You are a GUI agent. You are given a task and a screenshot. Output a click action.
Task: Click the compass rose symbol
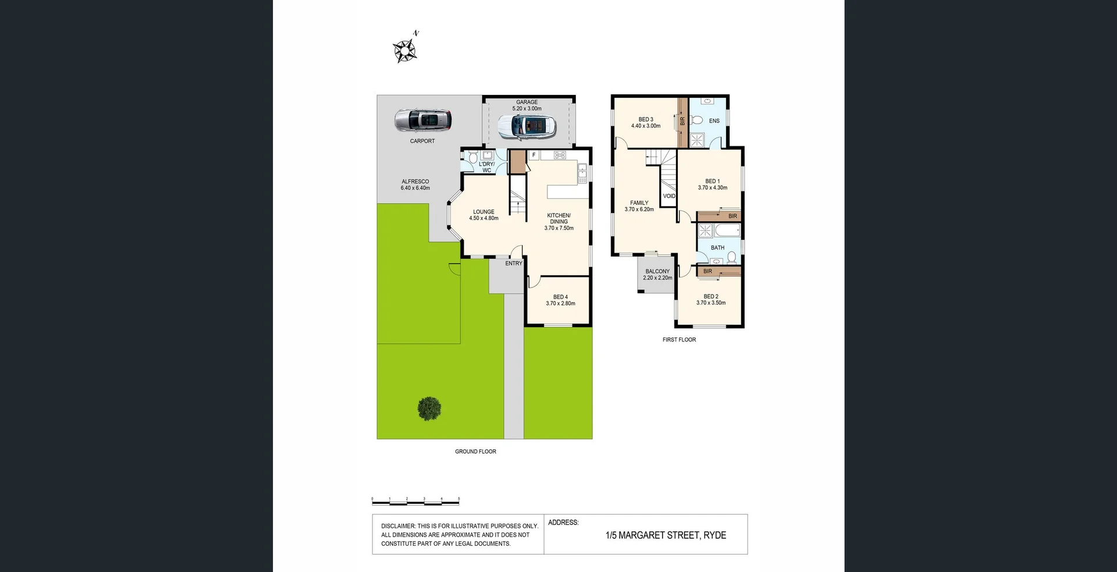(x=405, y=51)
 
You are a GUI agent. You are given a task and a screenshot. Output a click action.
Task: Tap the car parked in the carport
(x=423, y=120)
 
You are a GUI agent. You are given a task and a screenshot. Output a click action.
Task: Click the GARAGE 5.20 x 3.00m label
(x=527, y=105)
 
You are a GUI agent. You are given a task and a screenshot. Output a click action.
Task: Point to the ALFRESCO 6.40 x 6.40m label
(x=415, y=184)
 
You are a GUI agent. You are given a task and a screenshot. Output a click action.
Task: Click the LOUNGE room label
(x=483, y=215)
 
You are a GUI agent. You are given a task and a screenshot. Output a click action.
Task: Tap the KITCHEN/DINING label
(x=558, y=222)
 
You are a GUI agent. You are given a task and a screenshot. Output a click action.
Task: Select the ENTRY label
(x=513, y=264)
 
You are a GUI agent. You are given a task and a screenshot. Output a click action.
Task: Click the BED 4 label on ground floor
(x=560, y=300)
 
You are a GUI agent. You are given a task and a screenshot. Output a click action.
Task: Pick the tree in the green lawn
(x=429, y=408)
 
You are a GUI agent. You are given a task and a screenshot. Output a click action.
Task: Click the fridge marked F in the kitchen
(x=533, y=155)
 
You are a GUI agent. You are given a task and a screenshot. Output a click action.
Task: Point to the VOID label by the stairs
(x=669, y=196)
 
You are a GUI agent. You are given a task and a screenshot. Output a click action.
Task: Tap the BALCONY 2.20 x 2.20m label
(x=657, y=275)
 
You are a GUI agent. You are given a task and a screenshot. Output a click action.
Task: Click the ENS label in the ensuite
(x=714, y=121)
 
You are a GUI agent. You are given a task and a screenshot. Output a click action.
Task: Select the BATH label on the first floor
(x=717, y=248)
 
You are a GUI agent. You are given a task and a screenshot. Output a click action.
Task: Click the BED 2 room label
(x=711, y=300)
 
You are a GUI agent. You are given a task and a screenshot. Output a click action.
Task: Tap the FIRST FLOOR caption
(x=679, y=340)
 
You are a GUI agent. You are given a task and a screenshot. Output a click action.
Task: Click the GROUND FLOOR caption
(x=475, y=452)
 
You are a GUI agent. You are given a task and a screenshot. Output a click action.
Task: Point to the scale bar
(x=415, y=501)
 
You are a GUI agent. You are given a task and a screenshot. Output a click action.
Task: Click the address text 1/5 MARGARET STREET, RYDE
(x=666, y=535)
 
